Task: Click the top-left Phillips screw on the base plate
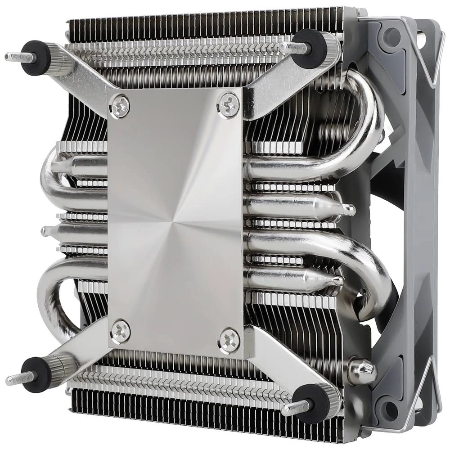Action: click(x=120, y=106)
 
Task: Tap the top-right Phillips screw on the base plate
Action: click(x=228, y=104)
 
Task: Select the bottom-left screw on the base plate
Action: click(x=120, y=331)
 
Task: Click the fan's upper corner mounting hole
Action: click(x=391, y=36)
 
